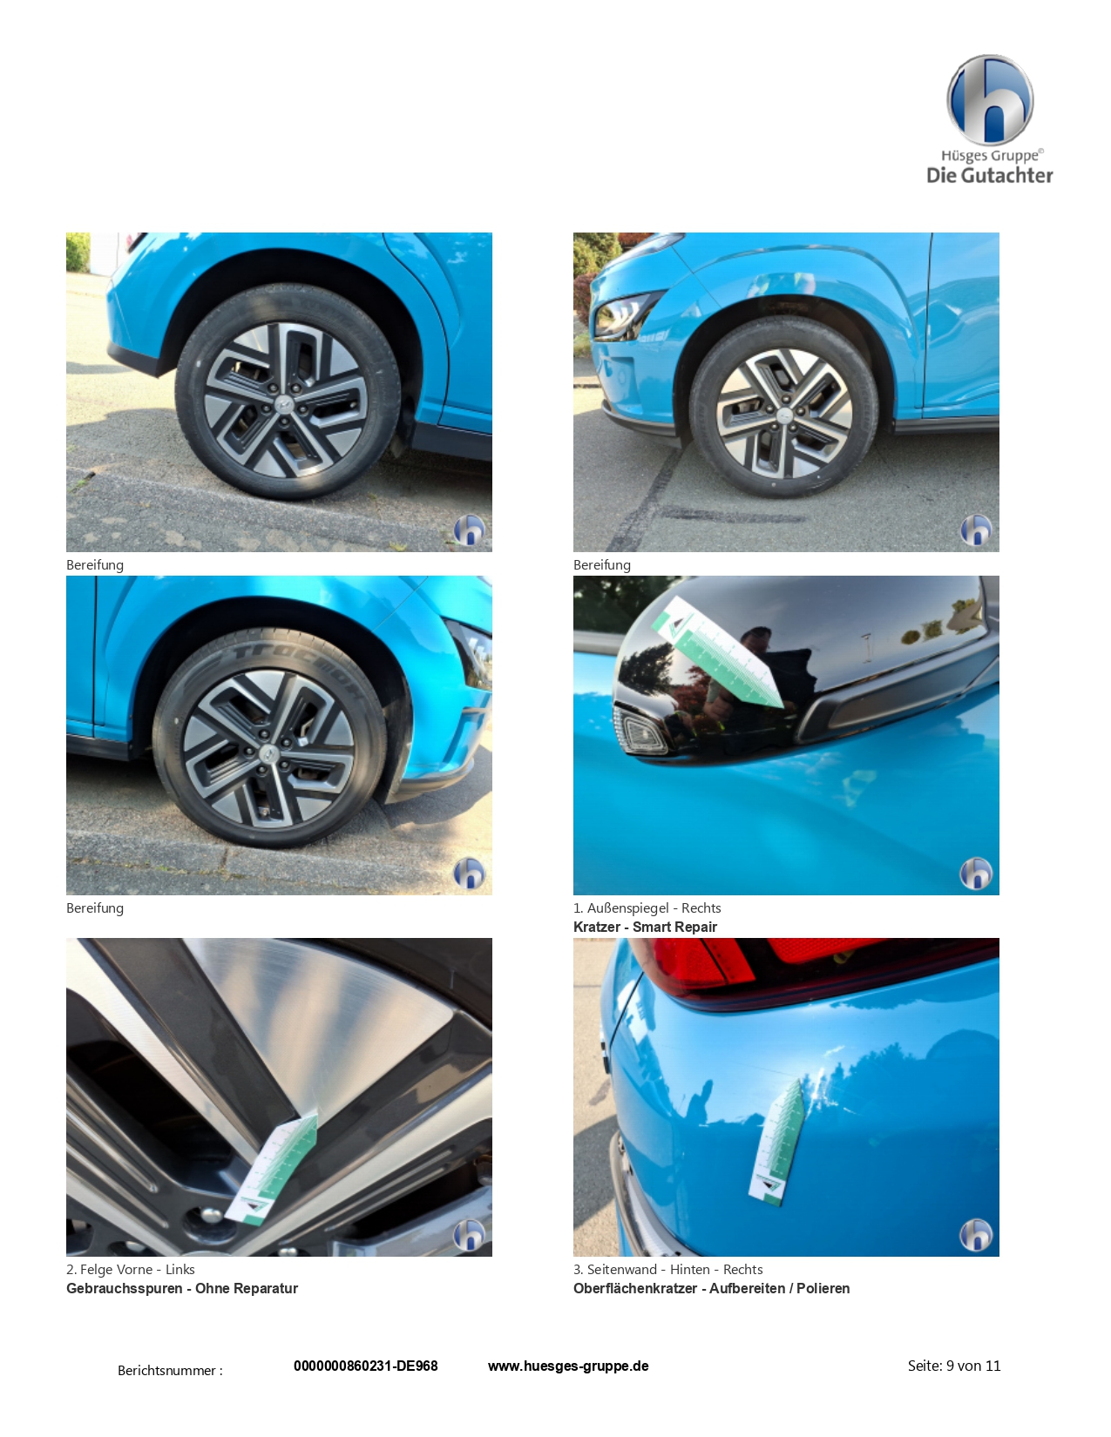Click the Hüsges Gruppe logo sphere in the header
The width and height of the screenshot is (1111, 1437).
pos(989,100)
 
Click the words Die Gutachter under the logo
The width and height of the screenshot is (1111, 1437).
pos(989,175)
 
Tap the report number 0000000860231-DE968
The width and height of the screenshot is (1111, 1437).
pos(365,1366)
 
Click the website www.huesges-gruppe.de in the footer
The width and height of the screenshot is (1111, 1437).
pos(568,1366)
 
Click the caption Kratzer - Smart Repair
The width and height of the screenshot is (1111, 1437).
pos(645,927)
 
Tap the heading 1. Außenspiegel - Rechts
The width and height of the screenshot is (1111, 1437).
pos(647,907)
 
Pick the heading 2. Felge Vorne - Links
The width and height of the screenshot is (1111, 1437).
pos(131,1269)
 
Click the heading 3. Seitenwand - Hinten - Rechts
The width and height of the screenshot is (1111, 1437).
pos(667,1269)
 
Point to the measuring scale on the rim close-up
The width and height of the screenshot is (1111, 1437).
pos(271,1169)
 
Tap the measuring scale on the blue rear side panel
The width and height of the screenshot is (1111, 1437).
pos(776,1142)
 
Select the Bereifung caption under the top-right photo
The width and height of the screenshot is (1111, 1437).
pos(601,564)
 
